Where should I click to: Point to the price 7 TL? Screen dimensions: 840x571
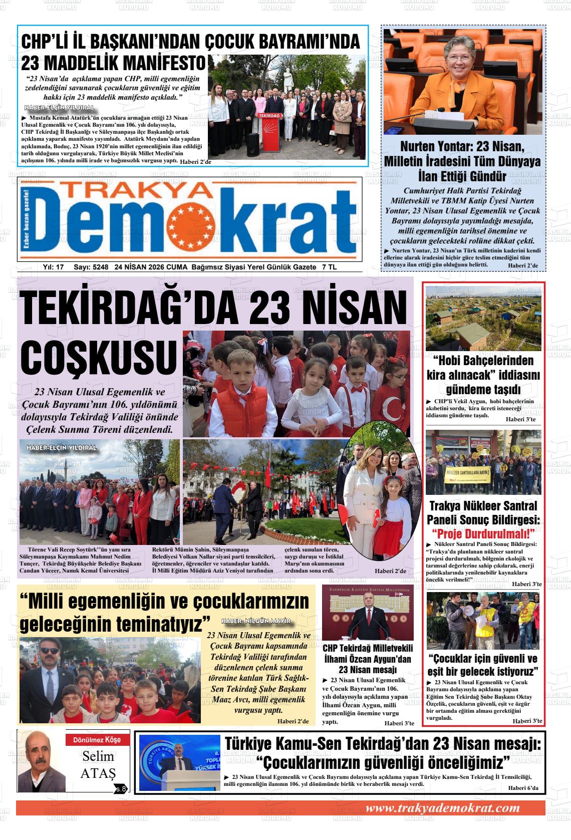pos(330,267)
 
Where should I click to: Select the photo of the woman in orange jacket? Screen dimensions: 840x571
pos(462,82)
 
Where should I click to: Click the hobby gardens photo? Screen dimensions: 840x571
pos(483,318)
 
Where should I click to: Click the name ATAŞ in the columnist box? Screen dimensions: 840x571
pos(98,773)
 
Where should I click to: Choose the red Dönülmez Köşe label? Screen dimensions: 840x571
pos(97,740)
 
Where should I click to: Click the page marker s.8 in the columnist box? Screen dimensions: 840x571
pos(121,789)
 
